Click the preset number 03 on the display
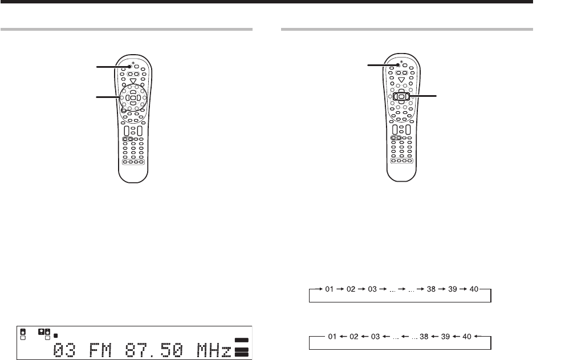(x=64, y=350)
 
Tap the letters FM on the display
(x=100, y=350)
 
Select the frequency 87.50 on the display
(x=154, y=350)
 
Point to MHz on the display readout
(x=214, y=350)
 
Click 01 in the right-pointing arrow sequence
(x=329, y=289)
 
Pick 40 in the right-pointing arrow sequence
(x=474, y=289)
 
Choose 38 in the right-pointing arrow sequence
(x=431, y=289)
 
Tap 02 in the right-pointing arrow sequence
(x=351, y=289)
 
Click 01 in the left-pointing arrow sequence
(x=332, y=337)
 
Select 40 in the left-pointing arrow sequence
(x=467, y=337)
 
